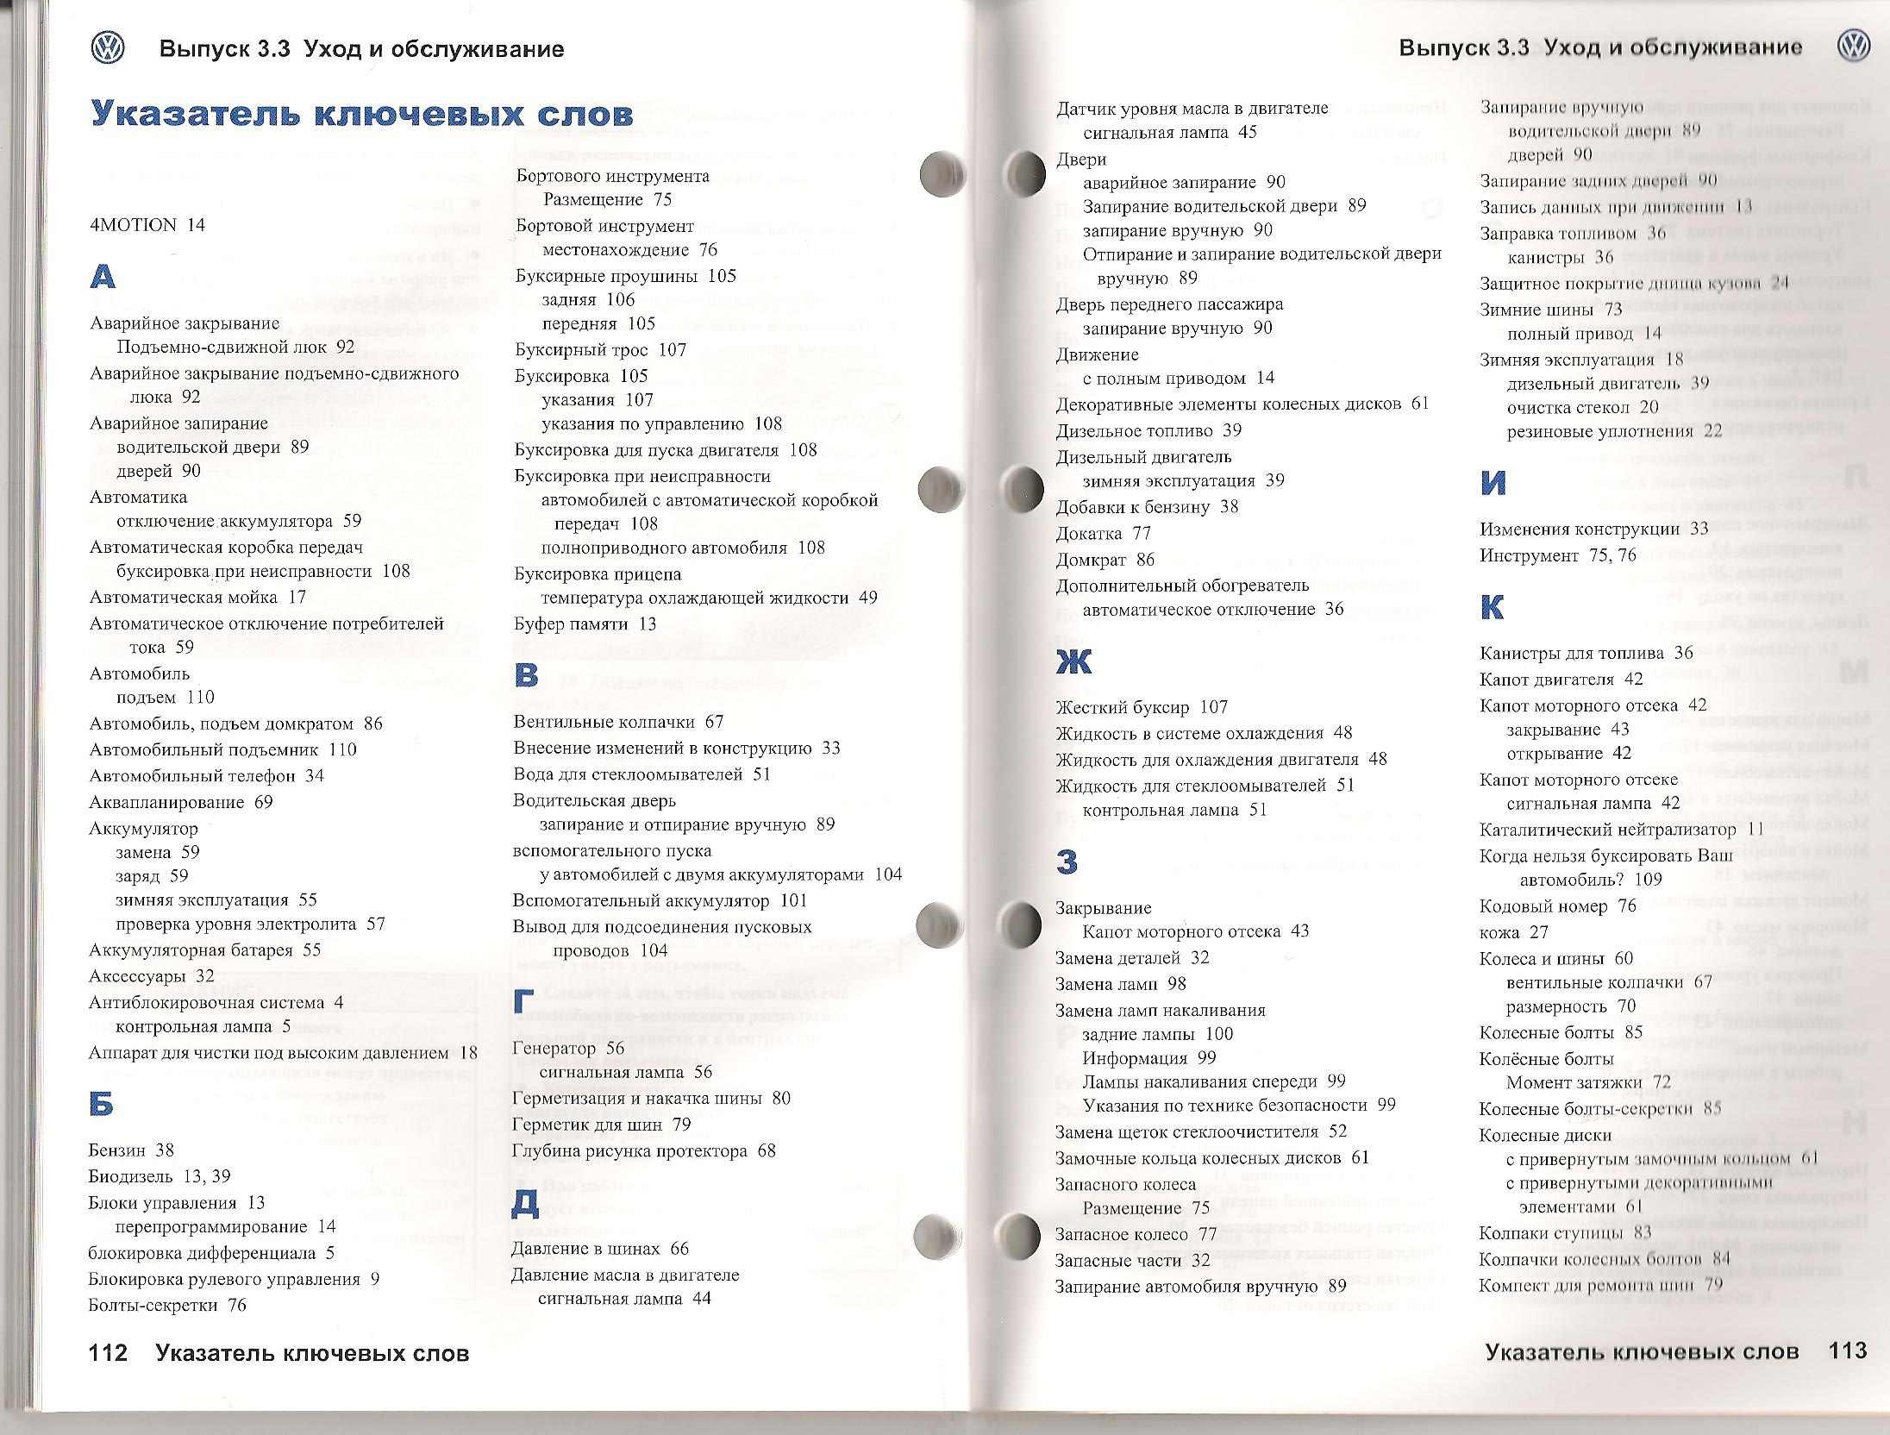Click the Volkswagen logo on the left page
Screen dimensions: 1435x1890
(x=108, y=49)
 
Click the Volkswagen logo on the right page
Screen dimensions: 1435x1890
(x=1853, y=47)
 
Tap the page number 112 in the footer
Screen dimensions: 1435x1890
(x=108, y=1353)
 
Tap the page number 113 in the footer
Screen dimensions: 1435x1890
(x=1847, y=1350)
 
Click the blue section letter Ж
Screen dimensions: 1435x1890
(x=1073, y=662)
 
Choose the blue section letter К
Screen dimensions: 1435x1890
(x=1492, y=608)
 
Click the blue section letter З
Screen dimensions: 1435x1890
(x=1067, y=862)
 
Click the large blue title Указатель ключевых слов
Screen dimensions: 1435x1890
(x=362, y=115)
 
